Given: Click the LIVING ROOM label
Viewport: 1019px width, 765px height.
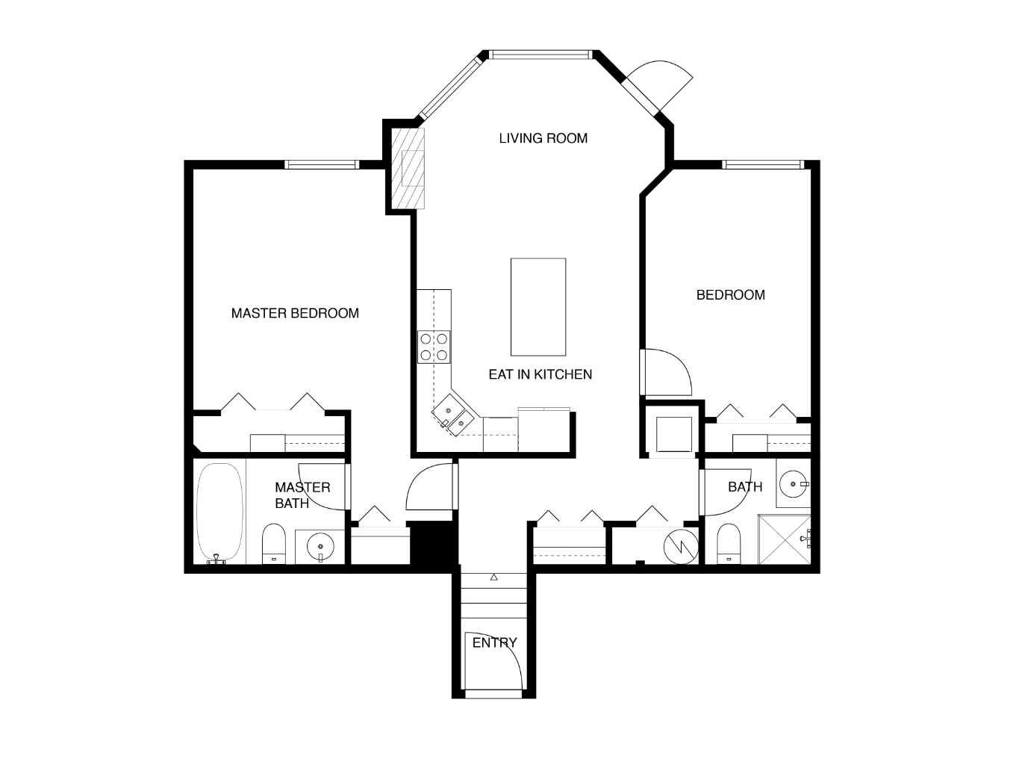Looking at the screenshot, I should [543, 138].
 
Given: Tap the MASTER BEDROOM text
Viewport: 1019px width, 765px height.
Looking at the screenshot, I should [295, 313].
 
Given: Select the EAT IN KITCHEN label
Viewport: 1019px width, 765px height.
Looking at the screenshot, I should [540, 374].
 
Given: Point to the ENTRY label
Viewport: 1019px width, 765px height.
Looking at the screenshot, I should [494, 642].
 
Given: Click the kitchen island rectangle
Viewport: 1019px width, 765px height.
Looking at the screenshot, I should [537, 307].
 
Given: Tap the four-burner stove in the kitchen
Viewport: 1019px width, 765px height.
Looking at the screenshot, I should [434, 347].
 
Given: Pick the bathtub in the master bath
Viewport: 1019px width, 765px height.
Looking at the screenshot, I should [219, 512].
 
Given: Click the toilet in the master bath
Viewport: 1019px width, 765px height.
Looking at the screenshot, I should [274, 543].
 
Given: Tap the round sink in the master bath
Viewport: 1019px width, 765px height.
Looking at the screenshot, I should [320, 547].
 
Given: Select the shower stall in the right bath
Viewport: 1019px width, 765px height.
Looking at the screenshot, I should [784, 539].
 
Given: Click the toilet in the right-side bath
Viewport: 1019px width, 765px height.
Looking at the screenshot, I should [728, 543].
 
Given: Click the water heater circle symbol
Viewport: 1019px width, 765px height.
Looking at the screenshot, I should [681, 545].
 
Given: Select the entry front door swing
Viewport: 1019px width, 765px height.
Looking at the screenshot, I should [494, 661].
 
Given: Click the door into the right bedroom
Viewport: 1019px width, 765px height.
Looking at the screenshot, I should [667, 373].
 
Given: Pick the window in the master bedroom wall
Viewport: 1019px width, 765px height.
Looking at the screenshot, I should [322, 165].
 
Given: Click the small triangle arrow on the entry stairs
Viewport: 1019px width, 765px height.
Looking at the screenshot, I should [493, 577].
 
